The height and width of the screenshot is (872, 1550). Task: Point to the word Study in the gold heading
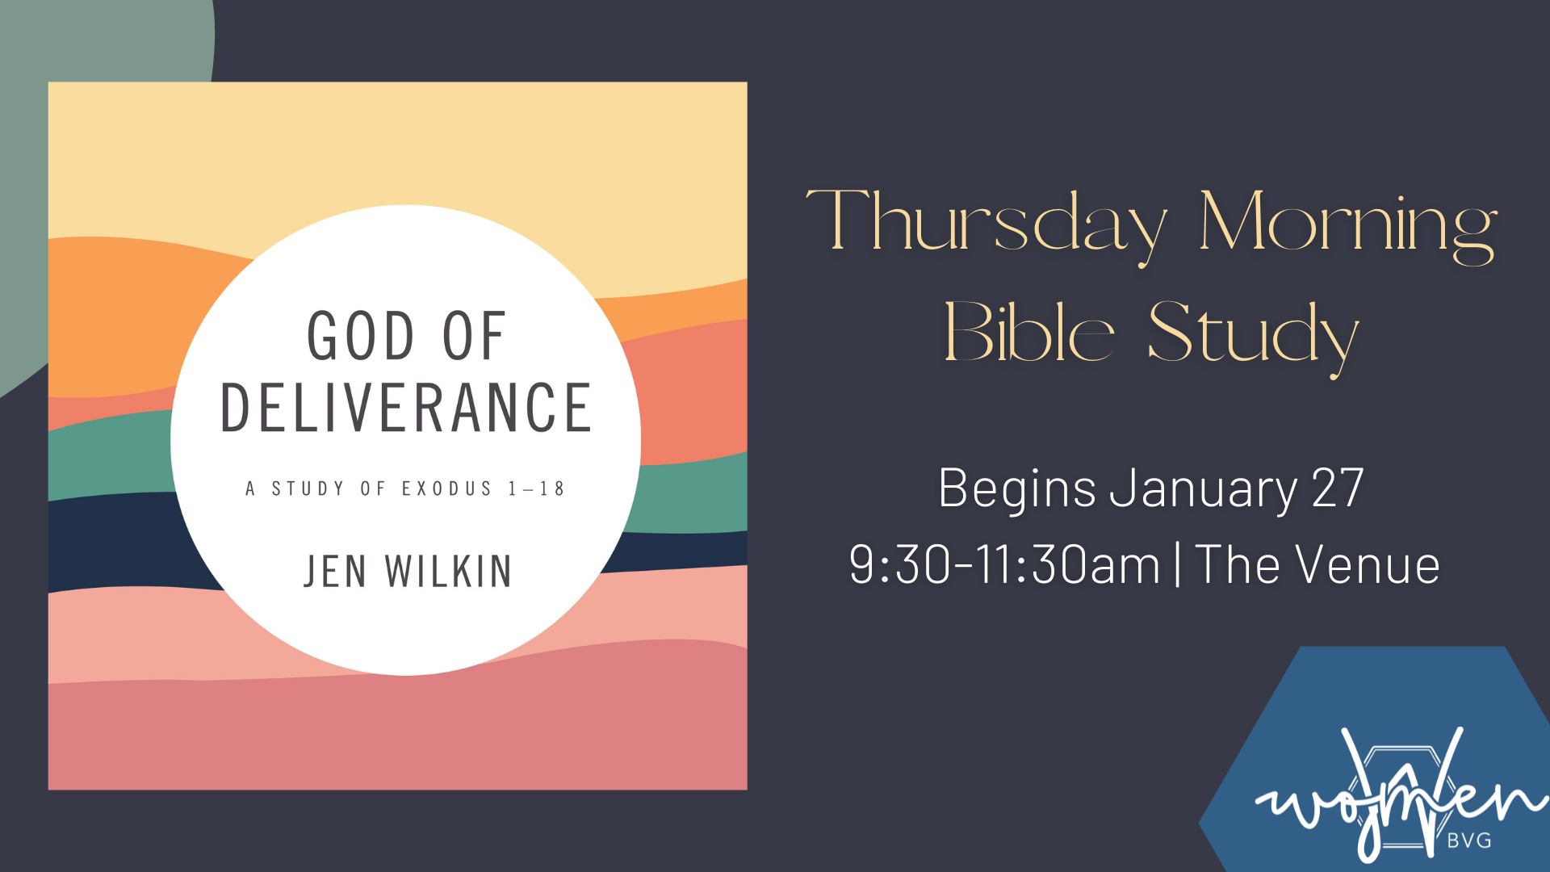pyautogui.click(x=1254, y=337)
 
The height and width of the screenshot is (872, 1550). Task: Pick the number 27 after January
pyautogui.click(x=1338, y=488)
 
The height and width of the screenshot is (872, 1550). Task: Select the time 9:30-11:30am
pyautogui.click(x=1004, y=564)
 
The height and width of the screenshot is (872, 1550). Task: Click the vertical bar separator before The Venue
pyautogui.click(x=1178, y=564)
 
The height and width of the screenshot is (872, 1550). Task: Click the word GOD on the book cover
pyautogui.click(x=361, y=336)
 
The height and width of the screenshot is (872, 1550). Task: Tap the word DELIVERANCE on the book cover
pyautogui.click(x=406, y=408)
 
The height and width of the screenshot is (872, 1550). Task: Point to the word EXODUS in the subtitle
pyautogui.click(x=446, y=488)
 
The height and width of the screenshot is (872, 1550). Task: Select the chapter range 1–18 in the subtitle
pyautogui.click(x=536, y=488)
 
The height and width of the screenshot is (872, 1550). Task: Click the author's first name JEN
pyautogui.click(x=335, y=572)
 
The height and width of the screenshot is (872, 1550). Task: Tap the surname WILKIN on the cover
pyautogui.click(x=448, y=572)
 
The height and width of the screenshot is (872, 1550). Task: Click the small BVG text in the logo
pyautogui.click(x=1469, y=841)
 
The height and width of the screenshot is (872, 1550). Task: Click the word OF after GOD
pyautogui.click(x=474, y=336)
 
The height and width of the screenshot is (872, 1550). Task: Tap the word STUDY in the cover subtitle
pyautogui.click(x=308, y=488)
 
